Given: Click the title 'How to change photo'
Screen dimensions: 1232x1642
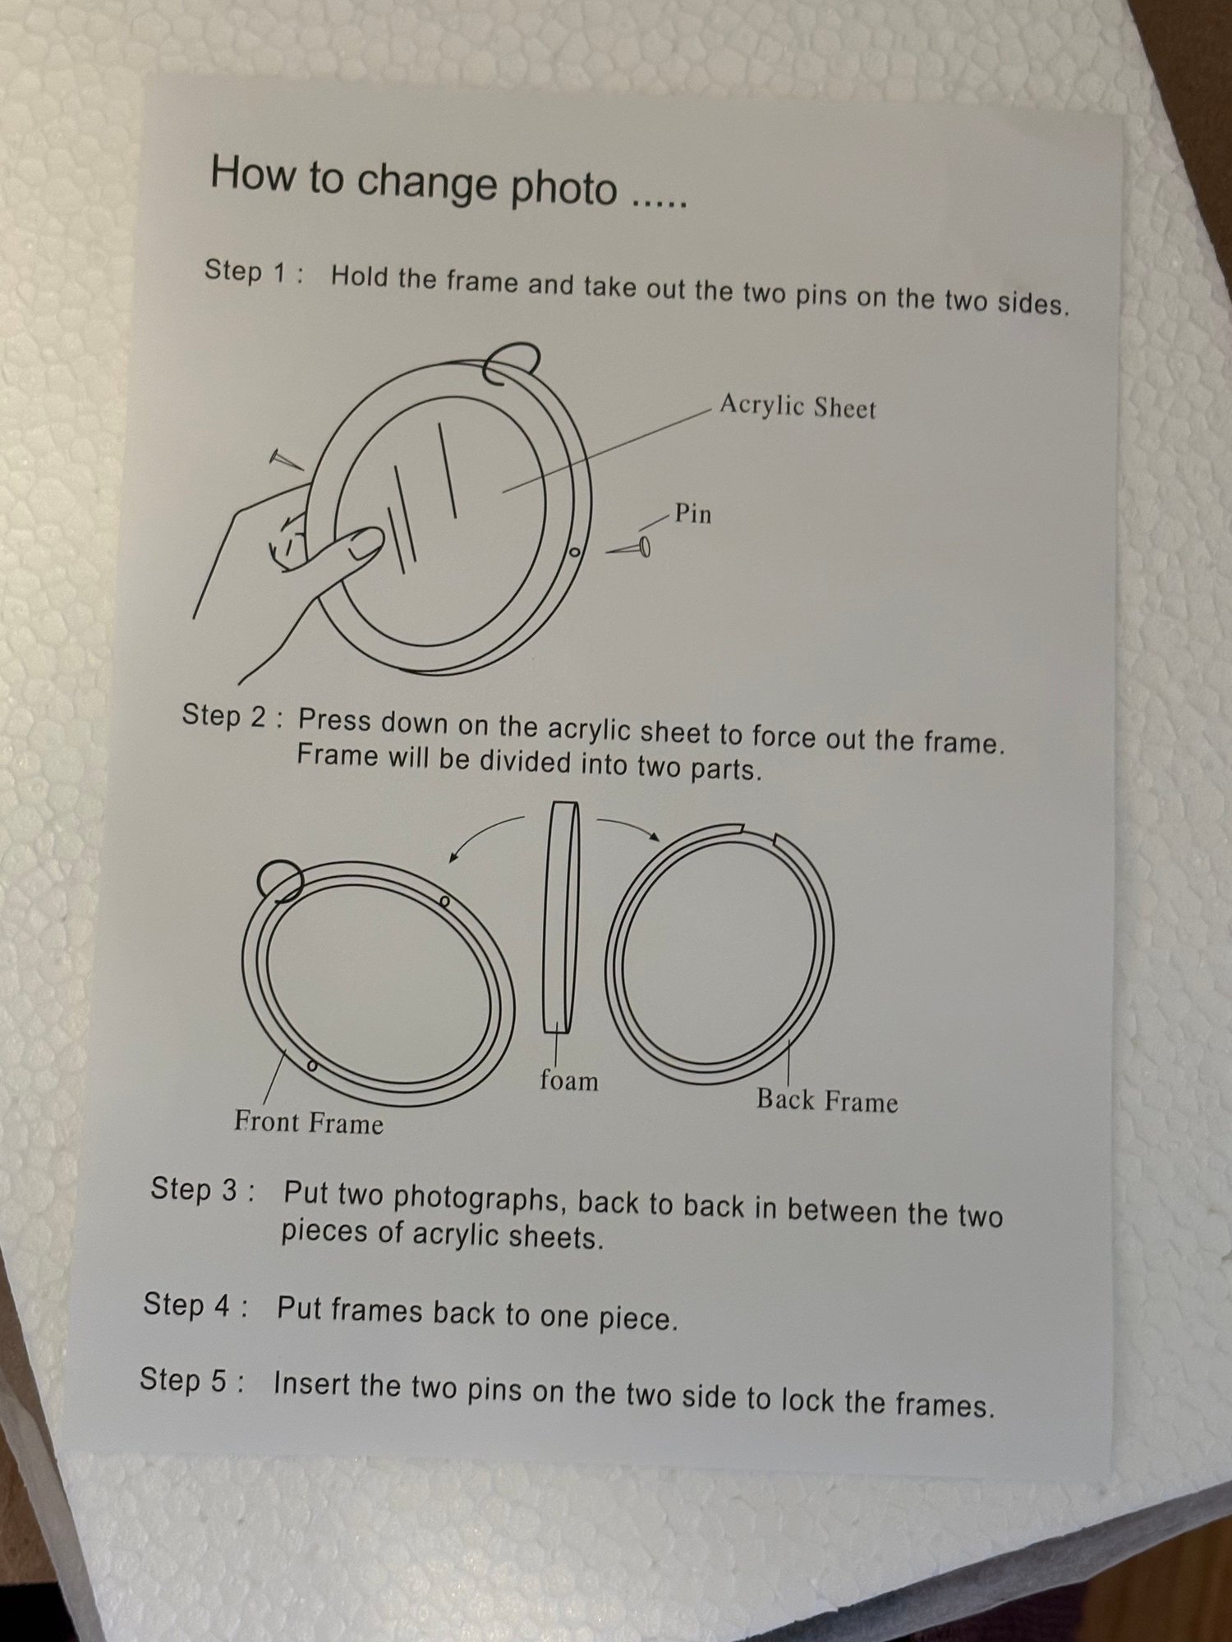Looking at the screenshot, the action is (414, 181).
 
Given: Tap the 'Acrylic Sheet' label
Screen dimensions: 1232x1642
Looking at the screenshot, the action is (798, 406).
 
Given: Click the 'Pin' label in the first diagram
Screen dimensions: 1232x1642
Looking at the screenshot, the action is (692, 514).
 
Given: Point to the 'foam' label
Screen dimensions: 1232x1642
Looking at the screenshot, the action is (568, 1080).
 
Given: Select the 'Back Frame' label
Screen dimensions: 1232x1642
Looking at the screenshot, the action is (827, 1100).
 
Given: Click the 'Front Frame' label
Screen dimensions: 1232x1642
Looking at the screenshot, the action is (309, 1121).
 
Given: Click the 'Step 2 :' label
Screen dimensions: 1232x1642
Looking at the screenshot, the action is (233, 715).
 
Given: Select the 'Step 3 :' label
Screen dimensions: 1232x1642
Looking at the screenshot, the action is (202, 1190).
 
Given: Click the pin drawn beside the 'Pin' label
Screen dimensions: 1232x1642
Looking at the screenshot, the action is (628, 548).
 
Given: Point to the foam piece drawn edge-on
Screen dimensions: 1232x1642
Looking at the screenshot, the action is (561, 917).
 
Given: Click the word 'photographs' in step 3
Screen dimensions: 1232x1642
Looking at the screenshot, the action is (477, 1199).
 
